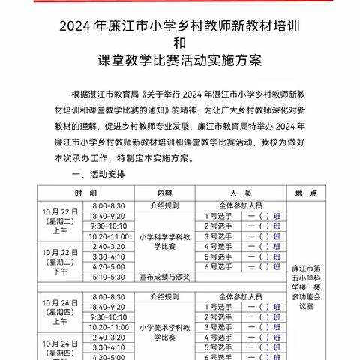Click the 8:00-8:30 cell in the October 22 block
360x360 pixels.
click(x=108, y=204)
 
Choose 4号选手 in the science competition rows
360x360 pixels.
click(x=219, y=245)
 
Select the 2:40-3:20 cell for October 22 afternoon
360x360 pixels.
click(x=108, y=245)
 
